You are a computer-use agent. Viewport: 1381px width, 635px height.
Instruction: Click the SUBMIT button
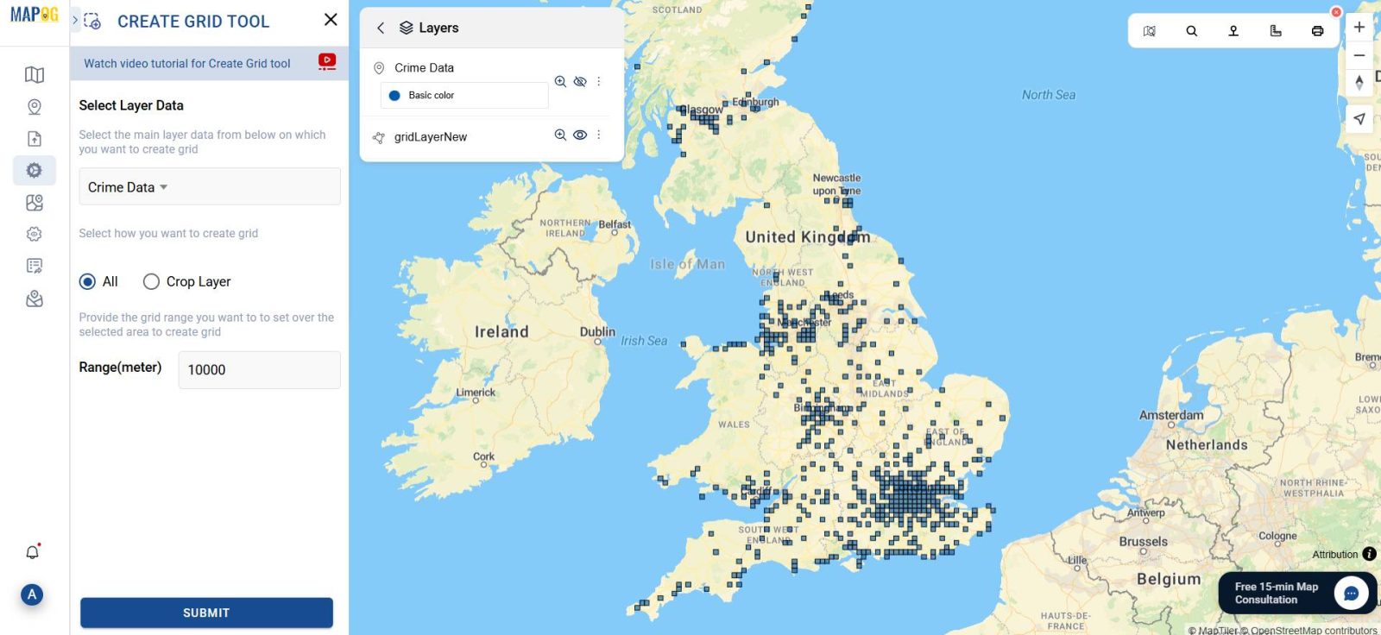(206, 613)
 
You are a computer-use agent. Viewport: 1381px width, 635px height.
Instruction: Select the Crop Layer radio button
(152, 281)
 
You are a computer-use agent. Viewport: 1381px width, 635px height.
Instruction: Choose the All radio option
(87, 281)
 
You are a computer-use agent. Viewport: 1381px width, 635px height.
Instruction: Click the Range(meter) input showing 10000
(259, 369)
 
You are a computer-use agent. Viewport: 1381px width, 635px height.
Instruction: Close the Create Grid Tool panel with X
(331, 20)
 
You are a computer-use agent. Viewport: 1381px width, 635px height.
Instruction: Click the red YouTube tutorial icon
(327, 61)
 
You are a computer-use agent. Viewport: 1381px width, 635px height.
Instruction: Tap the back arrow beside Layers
(381, 28)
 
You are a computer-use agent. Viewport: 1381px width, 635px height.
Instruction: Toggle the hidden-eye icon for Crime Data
(580, 81)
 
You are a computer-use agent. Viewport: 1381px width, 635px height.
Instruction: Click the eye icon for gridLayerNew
(580, 135)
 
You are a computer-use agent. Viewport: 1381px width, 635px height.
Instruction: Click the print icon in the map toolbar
(1317, 31)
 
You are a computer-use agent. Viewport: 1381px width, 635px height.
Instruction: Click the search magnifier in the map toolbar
(1191, 31)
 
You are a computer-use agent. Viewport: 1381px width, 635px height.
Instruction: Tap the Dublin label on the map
(597, 331)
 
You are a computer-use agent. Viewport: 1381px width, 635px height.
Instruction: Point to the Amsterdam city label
(1170, 415)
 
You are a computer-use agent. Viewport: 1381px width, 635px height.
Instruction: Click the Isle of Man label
(687, 264)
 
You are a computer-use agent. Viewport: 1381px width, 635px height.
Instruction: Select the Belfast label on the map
(615, 224)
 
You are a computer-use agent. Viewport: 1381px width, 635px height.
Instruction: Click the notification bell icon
(33, 552)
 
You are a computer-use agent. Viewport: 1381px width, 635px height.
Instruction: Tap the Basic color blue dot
(394, 96)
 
